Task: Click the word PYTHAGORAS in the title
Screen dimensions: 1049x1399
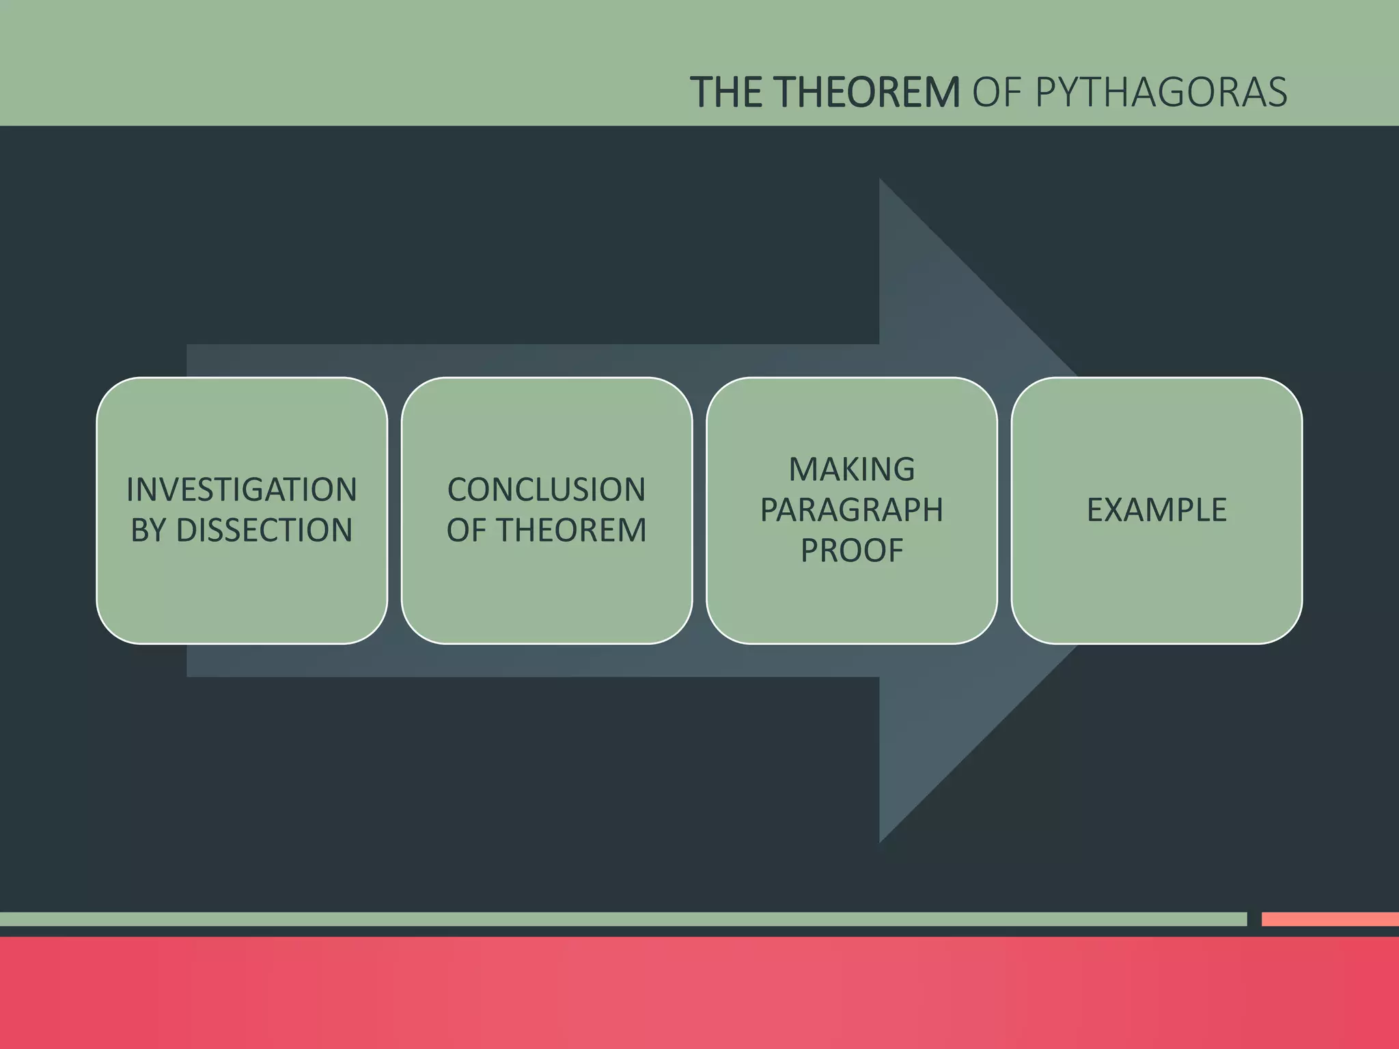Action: [1161, 92]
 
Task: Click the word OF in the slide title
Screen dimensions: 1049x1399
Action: [996, 92]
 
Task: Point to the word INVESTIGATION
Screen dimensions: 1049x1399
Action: [242, 490]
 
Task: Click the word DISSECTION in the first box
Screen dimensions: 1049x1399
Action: [264, 531]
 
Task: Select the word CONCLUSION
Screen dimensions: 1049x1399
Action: [546, 490]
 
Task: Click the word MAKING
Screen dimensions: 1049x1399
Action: [852, 469]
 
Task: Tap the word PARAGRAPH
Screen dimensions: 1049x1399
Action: [852, 509]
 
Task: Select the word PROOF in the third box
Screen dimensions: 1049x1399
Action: [852, 550]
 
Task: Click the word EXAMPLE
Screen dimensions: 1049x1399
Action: [1156, 509]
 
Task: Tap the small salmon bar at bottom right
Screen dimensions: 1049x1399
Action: [1329, 919]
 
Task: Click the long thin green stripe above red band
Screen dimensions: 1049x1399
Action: [615, 919]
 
